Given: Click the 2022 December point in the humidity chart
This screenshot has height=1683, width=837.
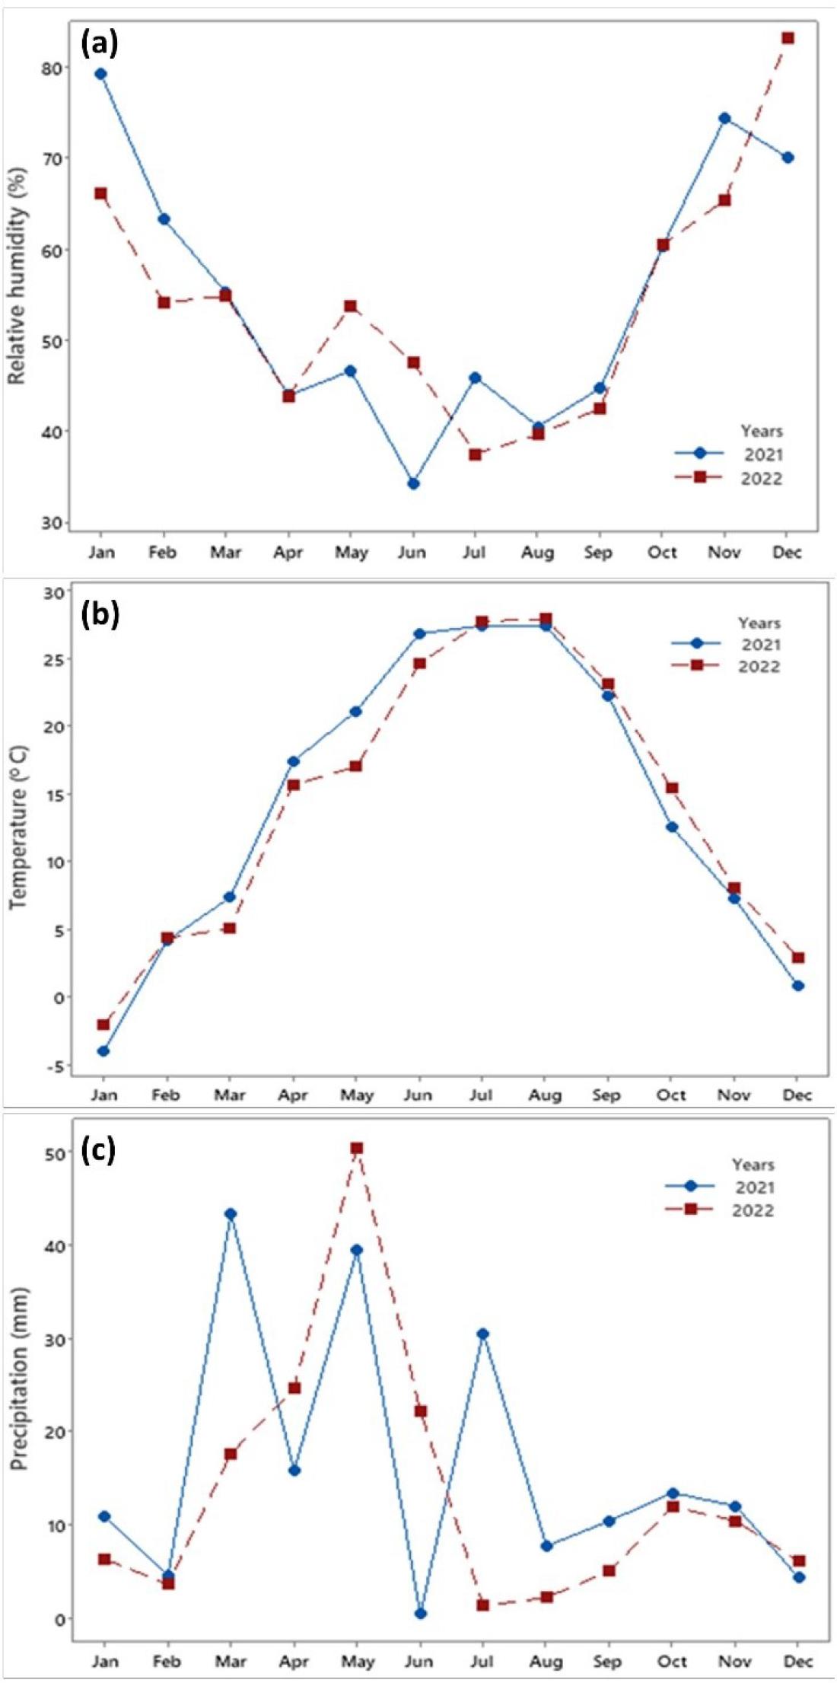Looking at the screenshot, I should pyautogui.click(x=788, y=38).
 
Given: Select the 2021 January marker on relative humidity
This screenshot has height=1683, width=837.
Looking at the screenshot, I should pyautogui.click(x=100, y=74).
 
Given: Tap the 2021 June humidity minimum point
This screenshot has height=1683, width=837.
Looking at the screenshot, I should pyautogui.click(x=413, y=483).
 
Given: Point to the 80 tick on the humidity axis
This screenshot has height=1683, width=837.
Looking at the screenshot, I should pyautogui.click(x=51, y=68).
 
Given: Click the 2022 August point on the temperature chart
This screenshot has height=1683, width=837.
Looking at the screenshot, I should pyautogui.click(x=545, y=619).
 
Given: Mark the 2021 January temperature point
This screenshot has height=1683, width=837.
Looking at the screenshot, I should pyautogui.click(x=103, y=1051).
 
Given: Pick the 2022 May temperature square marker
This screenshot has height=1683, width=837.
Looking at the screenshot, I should pyautogui.click(x=355, y=766).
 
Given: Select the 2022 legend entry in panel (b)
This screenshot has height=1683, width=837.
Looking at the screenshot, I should pyautogui.click(x=759, y=666).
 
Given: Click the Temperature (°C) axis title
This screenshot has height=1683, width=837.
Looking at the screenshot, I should pyautogui.click(x=19, y=827).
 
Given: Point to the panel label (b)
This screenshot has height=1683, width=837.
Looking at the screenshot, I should pyautogui.click(x=100, y=614).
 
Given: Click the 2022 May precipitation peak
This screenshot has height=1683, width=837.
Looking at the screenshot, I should pyautogui.click(x=356, y=1148).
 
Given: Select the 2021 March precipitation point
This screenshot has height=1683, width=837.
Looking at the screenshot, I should pyautogui.click(x=231, y=1213).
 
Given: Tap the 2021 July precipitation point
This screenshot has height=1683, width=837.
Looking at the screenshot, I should pyautogui.click(x=482, y=1334).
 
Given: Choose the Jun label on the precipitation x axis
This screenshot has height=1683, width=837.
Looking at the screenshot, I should pyautogui.click(x=419, y=1660).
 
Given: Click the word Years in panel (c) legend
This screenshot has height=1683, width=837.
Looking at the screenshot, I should pyautogui.click(x=753, y=1165).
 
